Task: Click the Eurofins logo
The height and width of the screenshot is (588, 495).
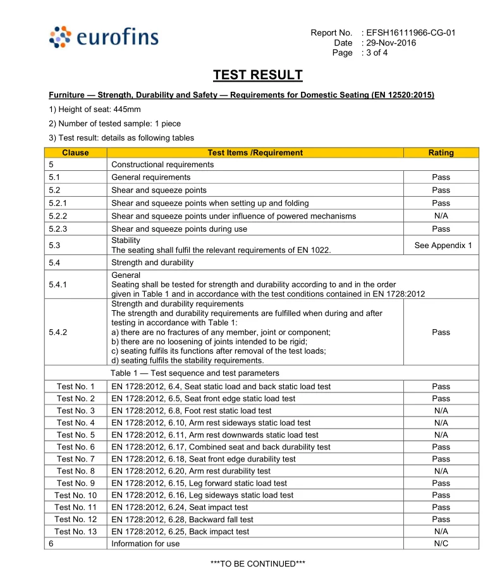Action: pos(104,38)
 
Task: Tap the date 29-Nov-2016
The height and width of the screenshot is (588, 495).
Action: pos(391,42)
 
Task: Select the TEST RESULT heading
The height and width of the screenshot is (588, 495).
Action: pos(257,76)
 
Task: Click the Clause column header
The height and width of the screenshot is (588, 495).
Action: pos(76,153)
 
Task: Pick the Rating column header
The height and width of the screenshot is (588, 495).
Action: pos(441,153)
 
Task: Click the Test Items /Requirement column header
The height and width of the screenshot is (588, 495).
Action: pos(255,153)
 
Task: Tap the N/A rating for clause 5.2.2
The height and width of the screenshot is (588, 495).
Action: pos(441,216)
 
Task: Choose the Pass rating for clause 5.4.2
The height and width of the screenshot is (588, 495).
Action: pos(441,332)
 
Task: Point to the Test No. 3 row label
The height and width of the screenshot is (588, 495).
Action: pos(76,411)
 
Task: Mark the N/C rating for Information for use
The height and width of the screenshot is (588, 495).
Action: pos(441,544)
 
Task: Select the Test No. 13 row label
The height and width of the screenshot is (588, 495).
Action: pos(76,532)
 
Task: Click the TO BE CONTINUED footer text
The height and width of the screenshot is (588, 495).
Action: pos(257,564)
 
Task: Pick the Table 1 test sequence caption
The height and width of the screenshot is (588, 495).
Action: pos(195,373)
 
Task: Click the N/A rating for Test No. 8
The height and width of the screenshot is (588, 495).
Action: pos(441,471)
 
